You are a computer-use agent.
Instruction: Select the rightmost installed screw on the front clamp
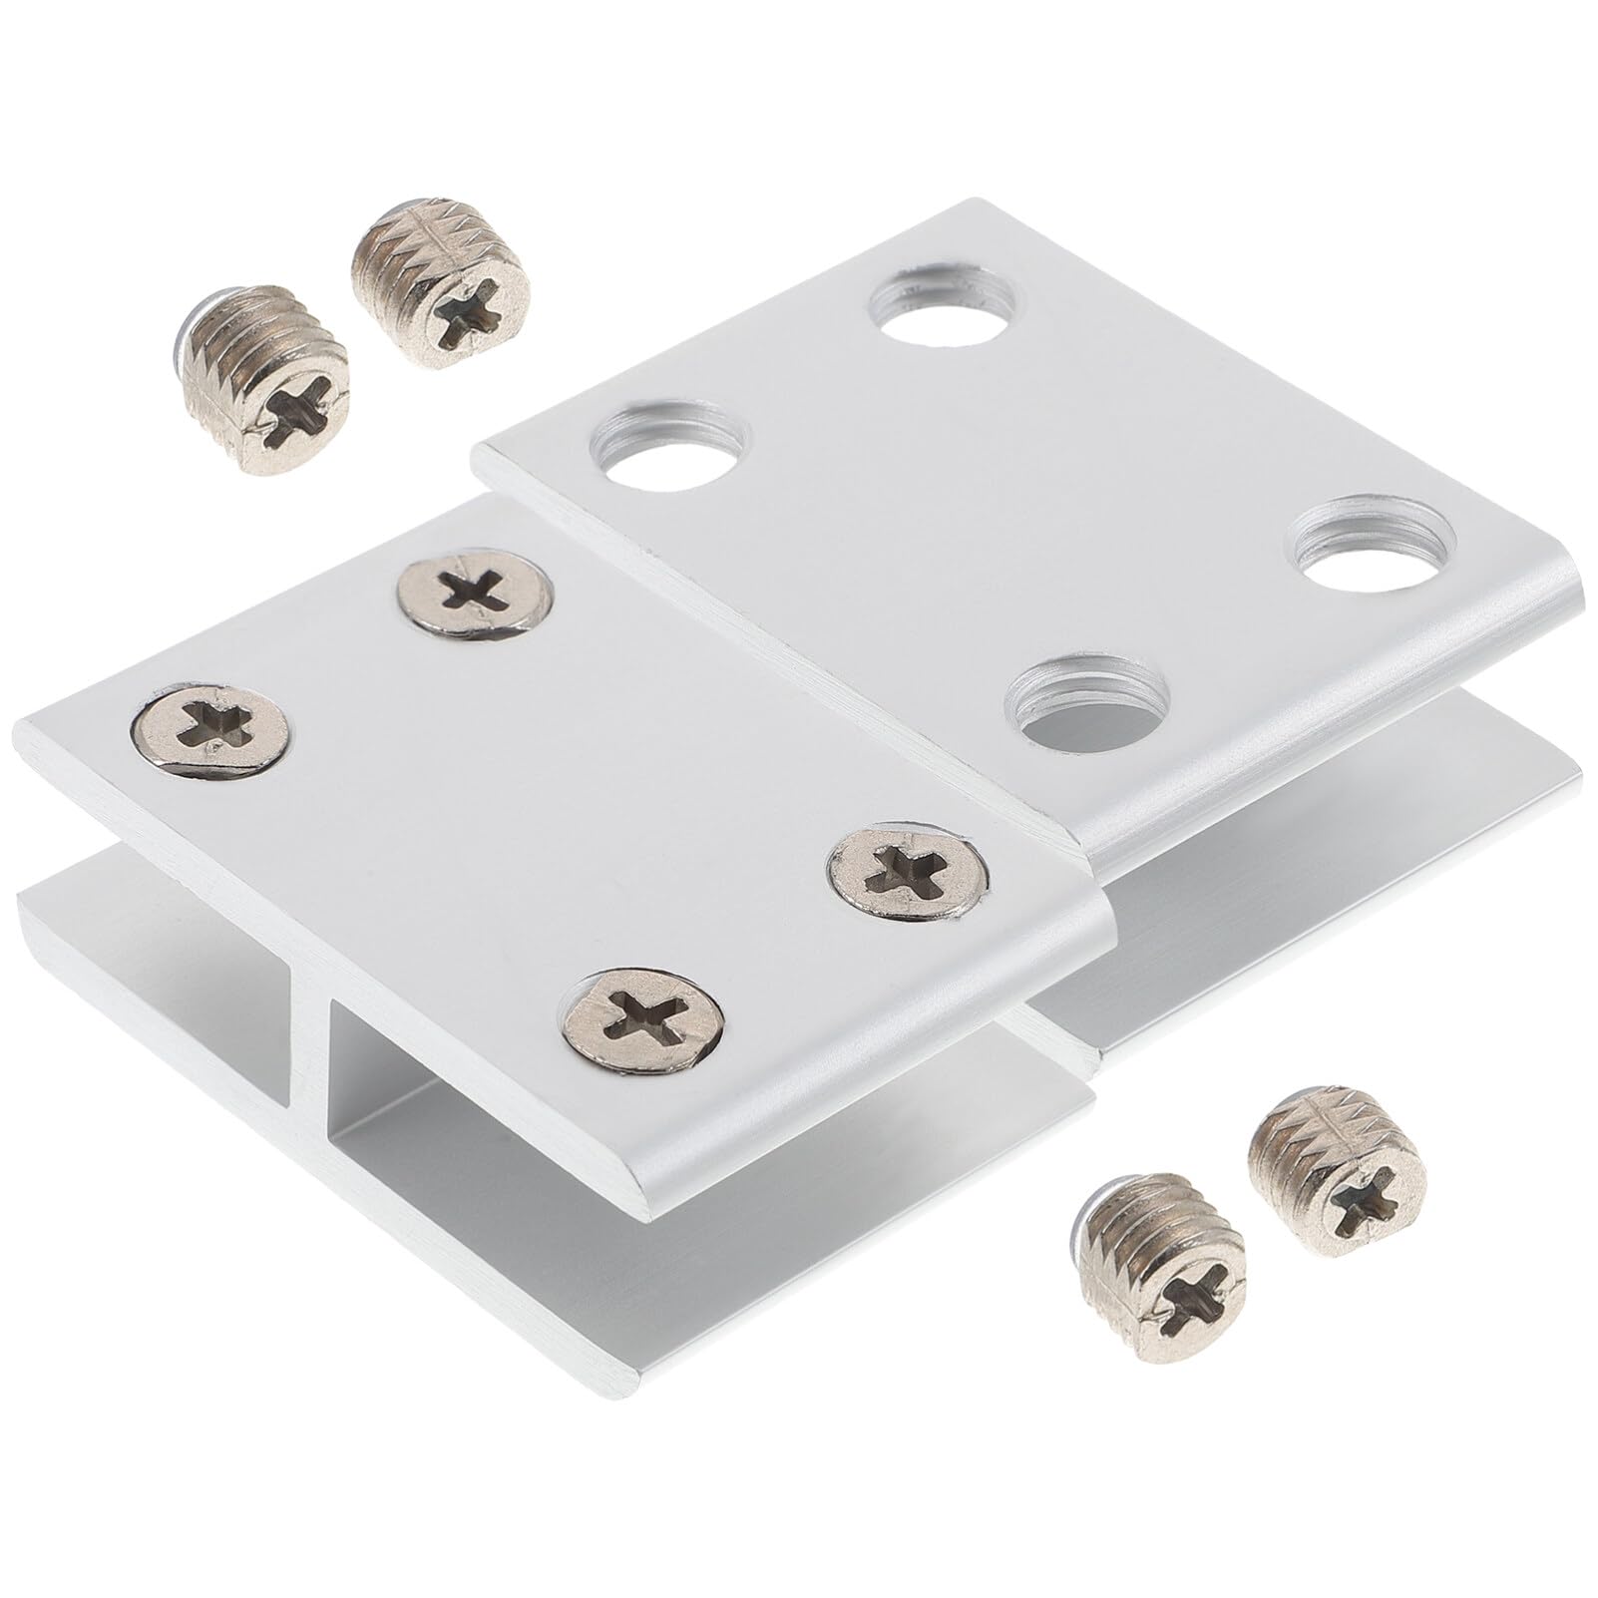click(x=911, y=860)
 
